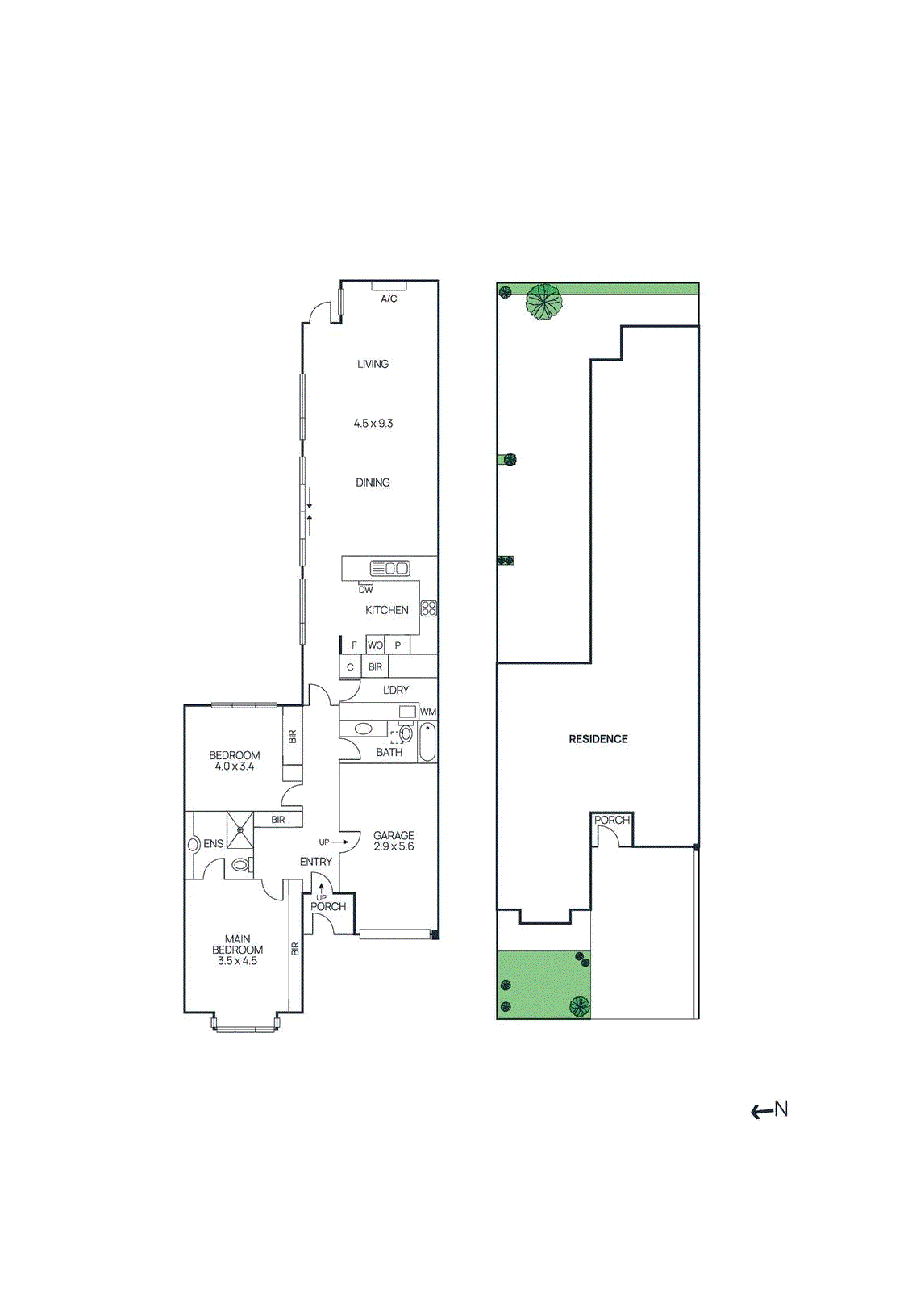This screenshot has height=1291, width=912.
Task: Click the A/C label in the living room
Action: point(389,299)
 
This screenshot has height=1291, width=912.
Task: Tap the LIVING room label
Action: point(373,364)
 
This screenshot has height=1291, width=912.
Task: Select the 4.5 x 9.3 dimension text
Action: point(373,423)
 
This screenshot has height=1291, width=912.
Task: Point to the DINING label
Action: point(373,483)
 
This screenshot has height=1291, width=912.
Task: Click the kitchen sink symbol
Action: point(389,568)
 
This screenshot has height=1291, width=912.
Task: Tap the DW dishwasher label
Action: point(365,589)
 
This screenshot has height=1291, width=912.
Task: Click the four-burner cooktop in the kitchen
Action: point(429,608)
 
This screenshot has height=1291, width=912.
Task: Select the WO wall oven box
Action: point(375,645)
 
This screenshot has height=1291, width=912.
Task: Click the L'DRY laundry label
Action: point(395,690)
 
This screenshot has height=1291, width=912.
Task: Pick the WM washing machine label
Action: point(427,712)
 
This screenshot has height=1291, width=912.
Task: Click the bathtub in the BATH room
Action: point(427,742)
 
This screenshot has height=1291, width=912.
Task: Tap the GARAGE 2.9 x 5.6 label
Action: point(394,841)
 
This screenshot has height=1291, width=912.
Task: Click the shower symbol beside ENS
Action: point(239,829)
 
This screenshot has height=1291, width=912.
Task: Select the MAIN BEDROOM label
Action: point(237,950)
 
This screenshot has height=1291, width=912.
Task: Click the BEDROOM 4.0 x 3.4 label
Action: point(234,761)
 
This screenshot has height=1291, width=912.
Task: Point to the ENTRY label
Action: point(315,862)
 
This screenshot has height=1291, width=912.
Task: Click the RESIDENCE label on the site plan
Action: point(598,739)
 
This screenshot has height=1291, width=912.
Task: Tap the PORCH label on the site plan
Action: point(611,820)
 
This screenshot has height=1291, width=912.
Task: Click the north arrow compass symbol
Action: point(768,1110)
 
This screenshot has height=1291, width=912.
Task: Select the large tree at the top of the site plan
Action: point(543,303)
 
